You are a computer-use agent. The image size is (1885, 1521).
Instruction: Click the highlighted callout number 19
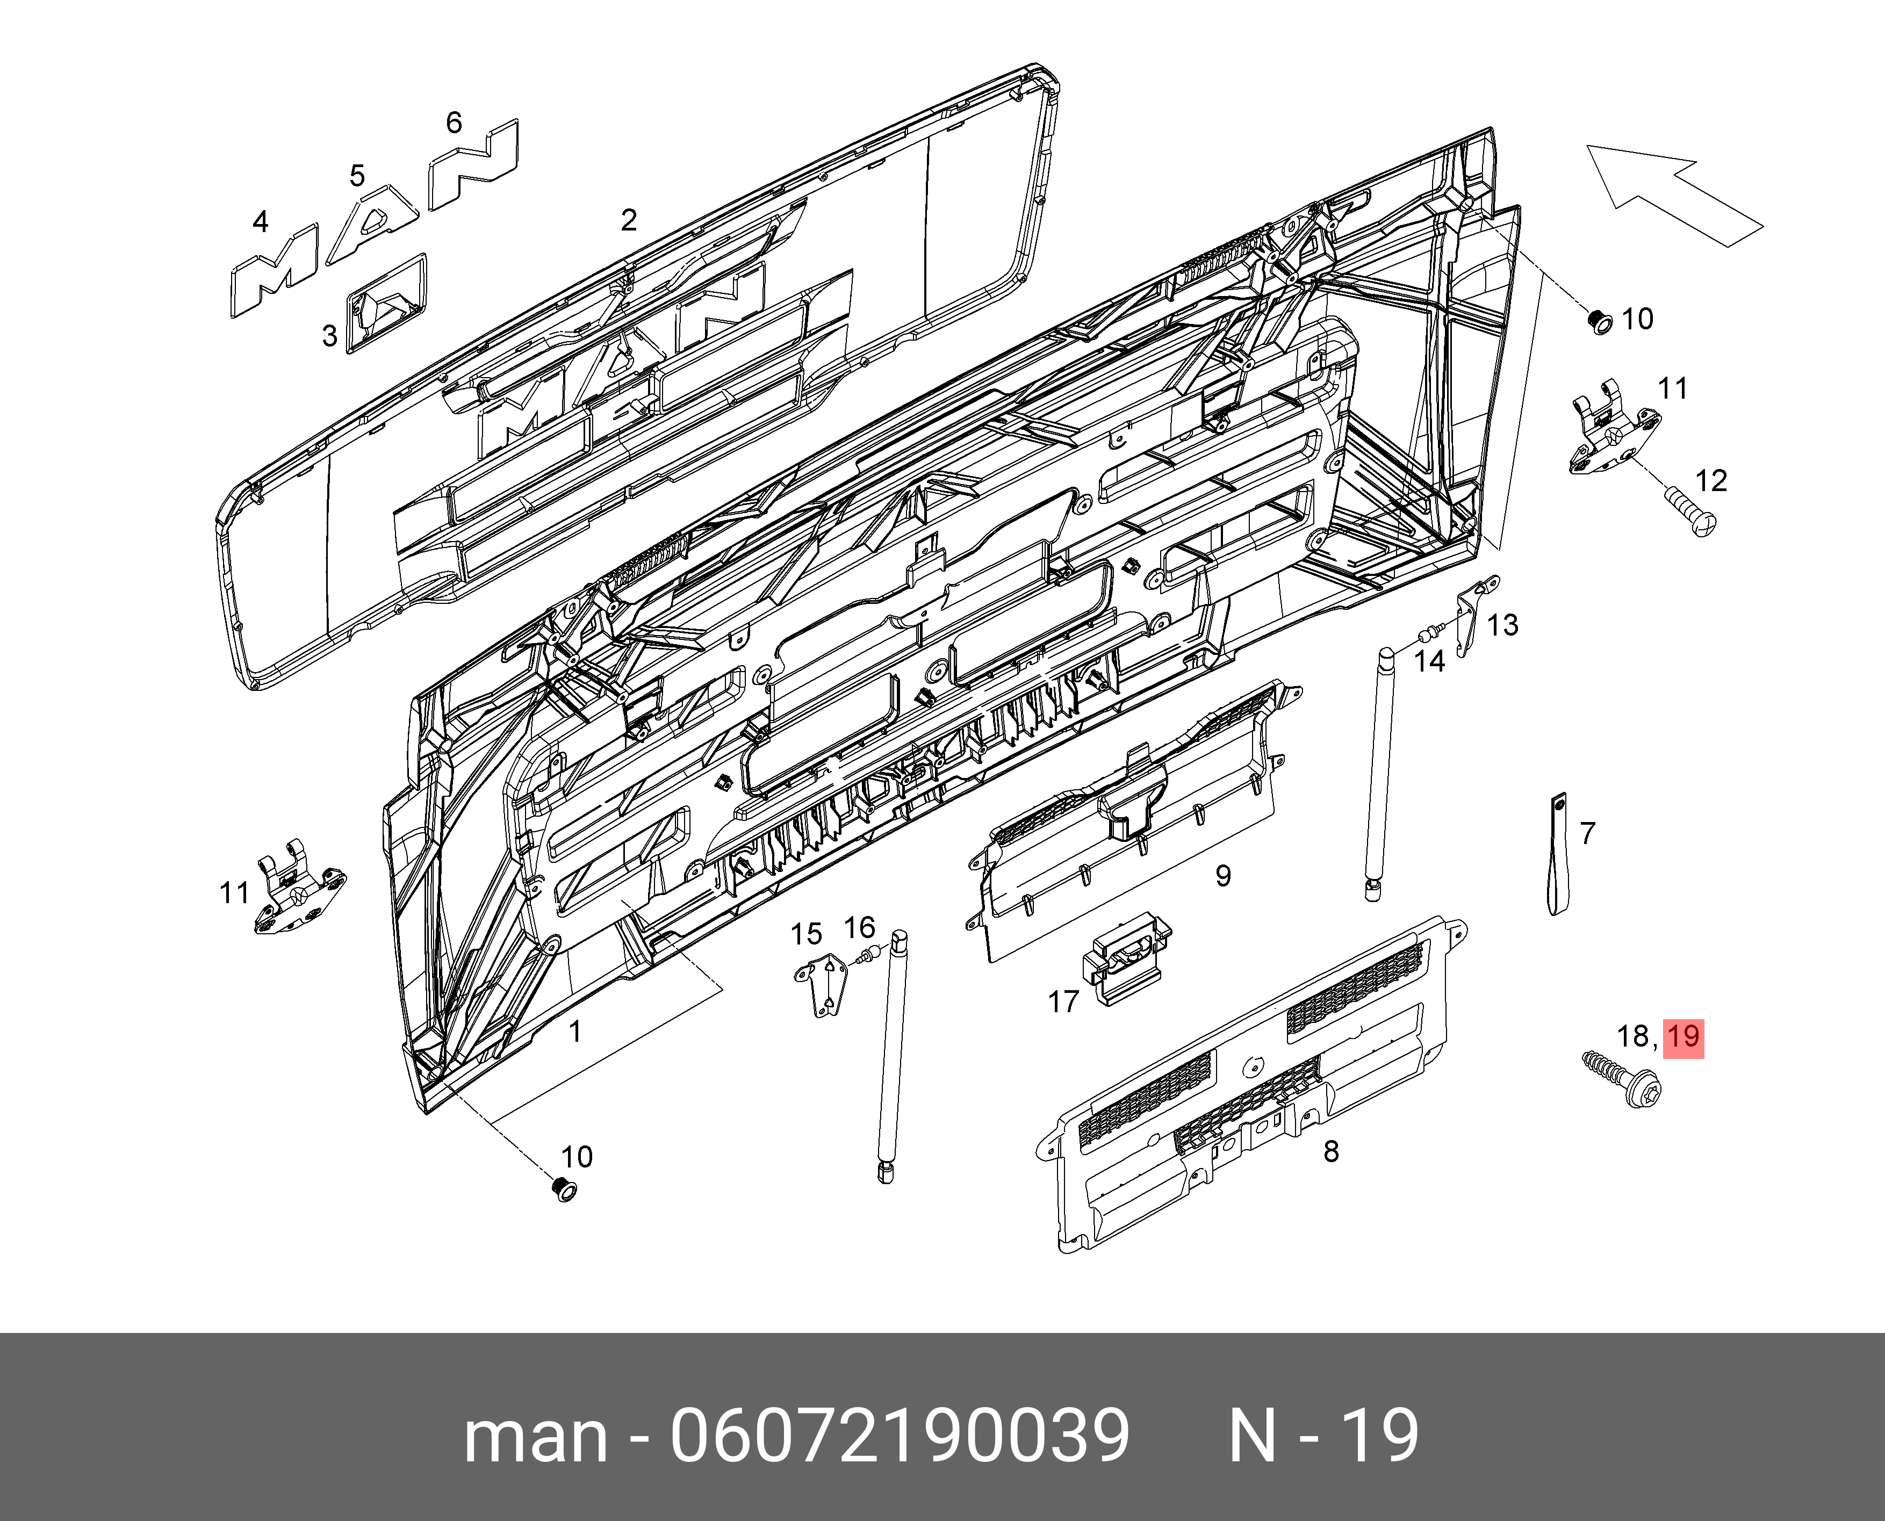(1682, 1036)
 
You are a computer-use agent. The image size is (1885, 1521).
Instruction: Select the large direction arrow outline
(1670, 199)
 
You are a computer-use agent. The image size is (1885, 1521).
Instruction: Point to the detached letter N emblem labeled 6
(473, 165)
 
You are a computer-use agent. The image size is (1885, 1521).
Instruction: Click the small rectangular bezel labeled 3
(386, 303)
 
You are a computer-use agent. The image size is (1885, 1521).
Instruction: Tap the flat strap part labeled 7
(1557, 854)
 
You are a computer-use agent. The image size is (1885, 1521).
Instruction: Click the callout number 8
(1331, 1150)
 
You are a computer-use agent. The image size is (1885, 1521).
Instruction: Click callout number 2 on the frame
(628, 220)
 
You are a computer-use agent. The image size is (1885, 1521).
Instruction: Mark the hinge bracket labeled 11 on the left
(298, 889)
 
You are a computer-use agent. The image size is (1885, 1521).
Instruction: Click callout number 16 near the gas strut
(860, 927)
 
